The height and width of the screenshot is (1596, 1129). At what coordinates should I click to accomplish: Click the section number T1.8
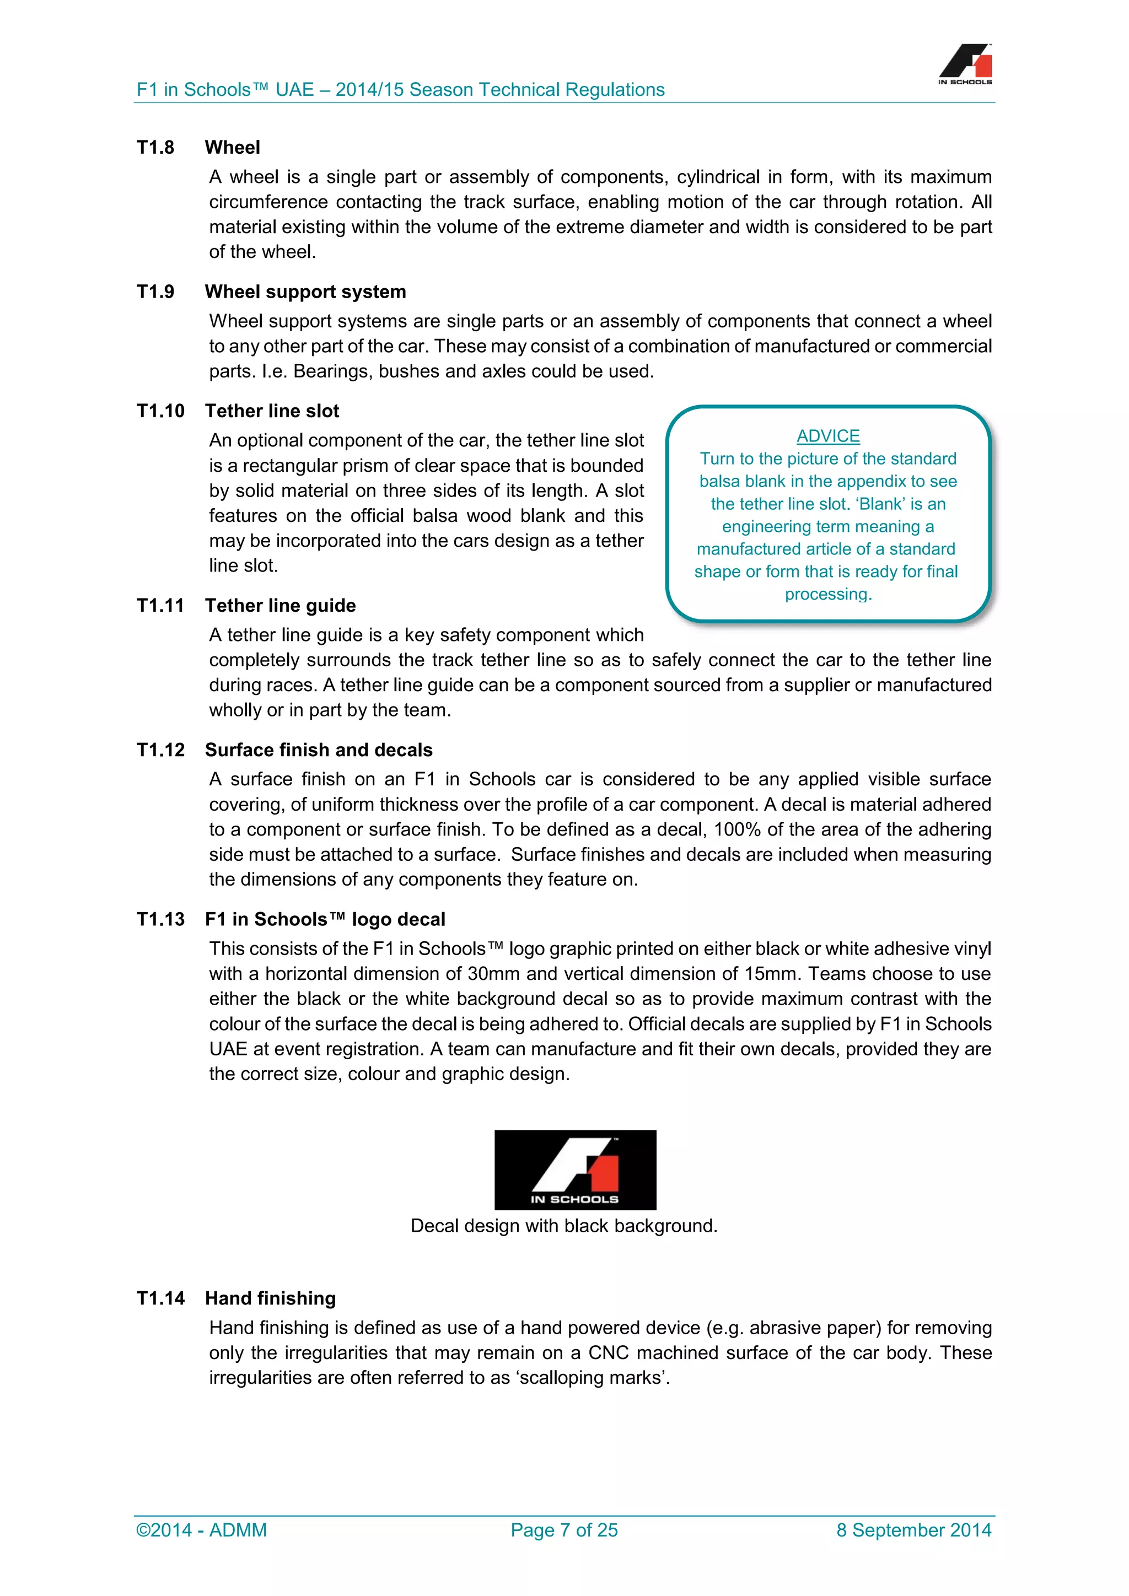(155, 147)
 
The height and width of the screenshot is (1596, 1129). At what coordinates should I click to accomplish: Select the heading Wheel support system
(305, 292)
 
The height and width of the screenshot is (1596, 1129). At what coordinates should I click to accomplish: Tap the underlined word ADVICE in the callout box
(828, 436)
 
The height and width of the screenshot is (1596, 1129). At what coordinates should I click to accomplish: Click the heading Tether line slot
(272, 411)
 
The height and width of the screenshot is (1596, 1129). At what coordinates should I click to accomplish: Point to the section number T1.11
(160, 606)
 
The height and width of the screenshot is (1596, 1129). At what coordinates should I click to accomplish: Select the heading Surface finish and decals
(319, 750)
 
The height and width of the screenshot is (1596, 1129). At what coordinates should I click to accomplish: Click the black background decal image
(575, 1170)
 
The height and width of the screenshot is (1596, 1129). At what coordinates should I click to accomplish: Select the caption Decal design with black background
(564, 1226)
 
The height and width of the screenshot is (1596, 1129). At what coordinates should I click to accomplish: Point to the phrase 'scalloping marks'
(592, 1378)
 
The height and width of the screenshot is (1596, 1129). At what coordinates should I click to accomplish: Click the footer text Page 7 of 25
(564, 1530)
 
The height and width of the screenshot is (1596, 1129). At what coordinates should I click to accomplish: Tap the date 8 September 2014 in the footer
(913, 1530)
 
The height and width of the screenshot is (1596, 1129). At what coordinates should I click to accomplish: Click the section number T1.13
(160, 920)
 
